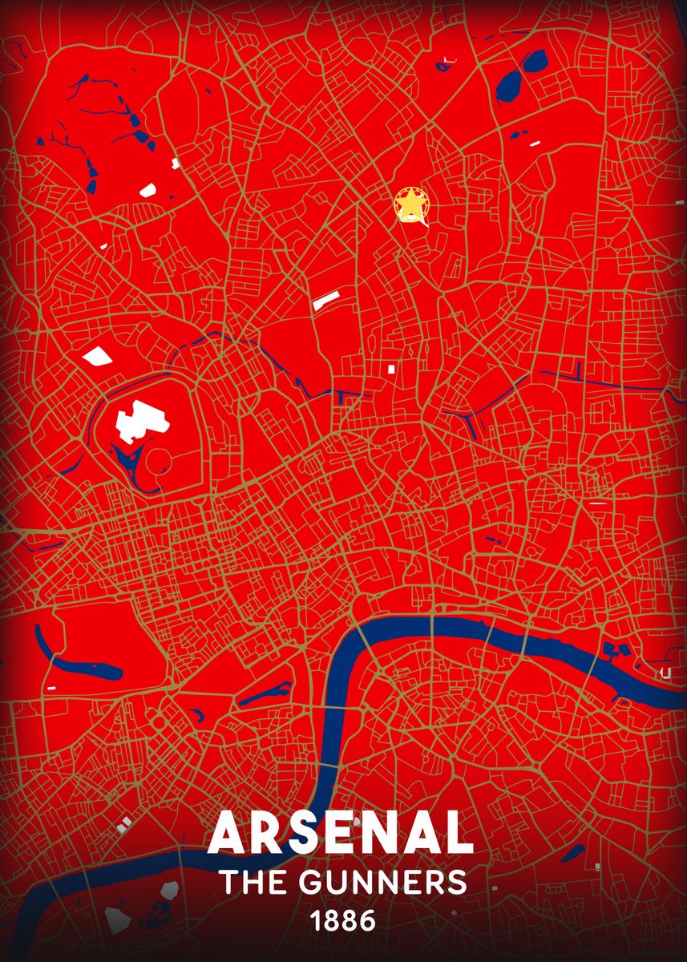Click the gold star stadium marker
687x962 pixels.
click(x=410, y=205)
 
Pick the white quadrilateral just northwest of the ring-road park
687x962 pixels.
click(x=97, y=357)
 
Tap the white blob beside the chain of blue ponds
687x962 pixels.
click(x=147, y=190)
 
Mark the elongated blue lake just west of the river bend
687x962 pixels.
click(x=265, y=693)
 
